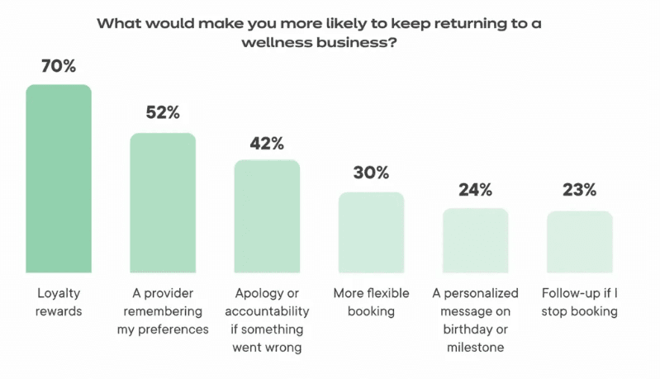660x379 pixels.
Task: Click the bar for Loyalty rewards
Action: coord(59,178)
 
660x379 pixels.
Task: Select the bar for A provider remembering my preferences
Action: coord(163,203)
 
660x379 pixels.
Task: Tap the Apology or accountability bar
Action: coord(267,216)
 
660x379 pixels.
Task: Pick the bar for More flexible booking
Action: coord(371,232)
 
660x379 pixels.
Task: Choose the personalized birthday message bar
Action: coord(475,240)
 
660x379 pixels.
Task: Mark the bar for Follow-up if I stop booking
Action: coord(579,242)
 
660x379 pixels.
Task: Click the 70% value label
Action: coord(59,65)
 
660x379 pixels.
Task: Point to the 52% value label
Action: coord(163,113)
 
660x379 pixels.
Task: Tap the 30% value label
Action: coord(371,173)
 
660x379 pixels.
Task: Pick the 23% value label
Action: coord(579,191)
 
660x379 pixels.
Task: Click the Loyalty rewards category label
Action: coord(59,301)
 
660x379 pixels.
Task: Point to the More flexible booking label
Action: coord(371,301)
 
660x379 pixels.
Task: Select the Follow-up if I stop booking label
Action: coord(579,301)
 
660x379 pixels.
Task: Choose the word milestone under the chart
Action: coord(476,347)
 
